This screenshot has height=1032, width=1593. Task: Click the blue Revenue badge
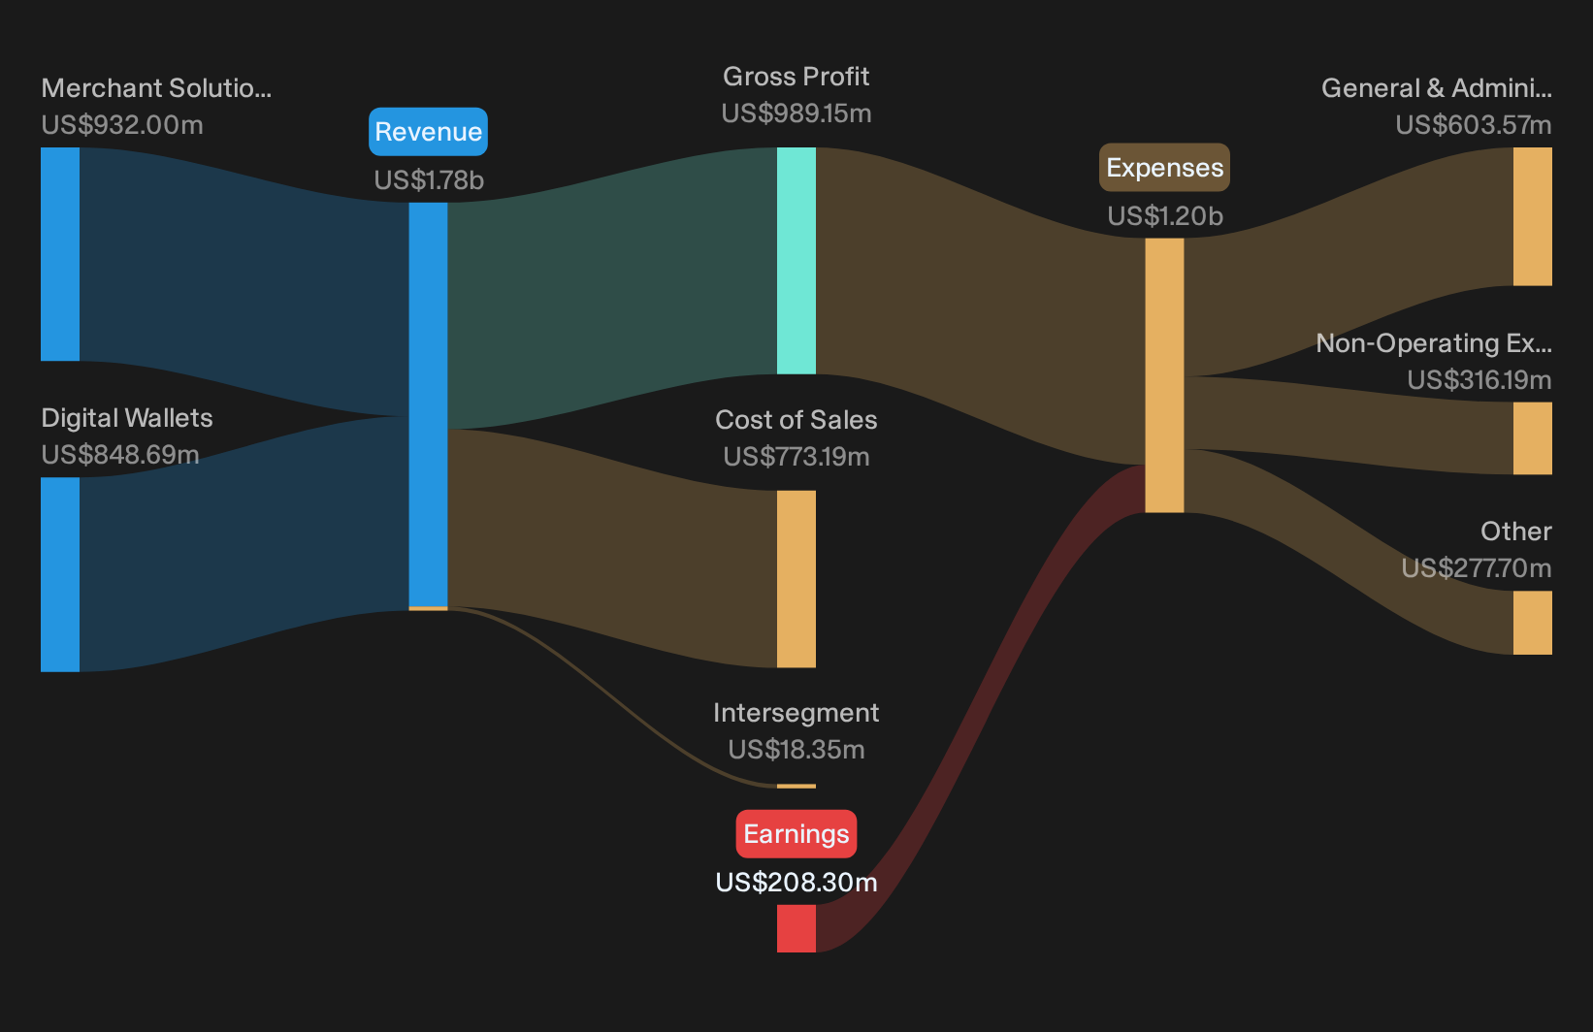[x=428, y=132]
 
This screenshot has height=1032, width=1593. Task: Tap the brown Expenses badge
[x=1164, y=167]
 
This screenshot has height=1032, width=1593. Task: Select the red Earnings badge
[x=796, y=833]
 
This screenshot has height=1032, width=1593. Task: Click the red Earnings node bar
[x=796, y=928]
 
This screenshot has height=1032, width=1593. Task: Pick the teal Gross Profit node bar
[x=796, y=260]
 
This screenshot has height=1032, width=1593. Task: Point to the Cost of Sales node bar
[x=796, y=579]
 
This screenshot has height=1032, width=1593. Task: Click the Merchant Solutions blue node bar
[x=60, y=254]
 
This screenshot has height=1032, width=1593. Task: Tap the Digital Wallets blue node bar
[x=60, y=574]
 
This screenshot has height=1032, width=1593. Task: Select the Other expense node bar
[x=1533, y=623]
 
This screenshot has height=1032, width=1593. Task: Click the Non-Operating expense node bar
[x=1533, y=438]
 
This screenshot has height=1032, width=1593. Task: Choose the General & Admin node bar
[x=1533, y=216]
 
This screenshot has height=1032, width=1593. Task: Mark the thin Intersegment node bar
[x=796, y=786]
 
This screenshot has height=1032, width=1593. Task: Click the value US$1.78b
[x=429, y=180]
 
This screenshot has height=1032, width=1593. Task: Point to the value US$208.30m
[x=796, y=882]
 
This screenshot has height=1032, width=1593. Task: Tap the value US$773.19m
[x=796, y=456]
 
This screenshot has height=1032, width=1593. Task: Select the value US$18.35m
[x=796, y=749]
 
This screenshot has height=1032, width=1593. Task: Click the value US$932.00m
[x=122, y=124]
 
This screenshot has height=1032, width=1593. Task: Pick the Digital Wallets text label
[x=126, y=418]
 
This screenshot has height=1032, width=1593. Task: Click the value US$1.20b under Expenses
[x=1165, y=215]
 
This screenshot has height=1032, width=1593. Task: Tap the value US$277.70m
[x=1477, y=567]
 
